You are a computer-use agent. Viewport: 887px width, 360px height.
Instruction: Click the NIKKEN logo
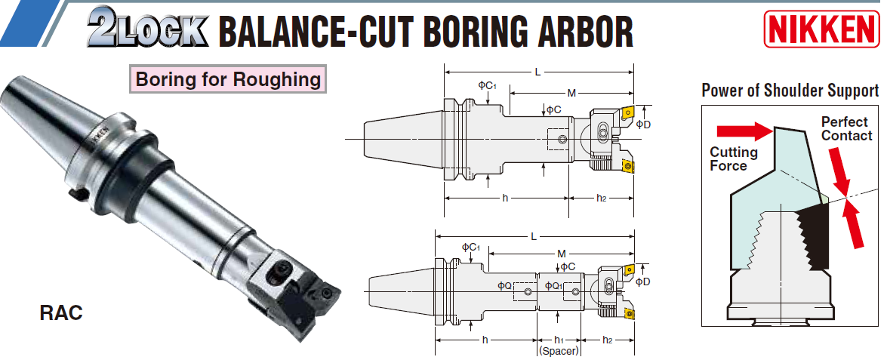821,29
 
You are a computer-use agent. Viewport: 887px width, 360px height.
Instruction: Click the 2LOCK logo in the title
148,29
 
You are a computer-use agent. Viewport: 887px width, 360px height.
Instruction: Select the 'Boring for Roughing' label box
228,79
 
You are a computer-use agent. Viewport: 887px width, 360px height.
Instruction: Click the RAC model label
61,312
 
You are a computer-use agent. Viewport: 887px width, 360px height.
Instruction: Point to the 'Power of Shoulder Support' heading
790,91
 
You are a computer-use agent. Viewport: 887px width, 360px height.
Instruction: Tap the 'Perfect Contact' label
846,129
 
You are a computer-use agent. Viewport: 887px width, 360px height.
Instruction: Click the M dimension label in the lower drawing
562,253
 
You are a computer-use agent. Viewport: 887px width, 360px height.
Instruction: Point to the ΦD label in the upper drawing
643,124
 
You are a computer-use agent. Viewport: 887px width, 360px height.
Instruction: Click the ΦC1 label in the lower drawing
470,248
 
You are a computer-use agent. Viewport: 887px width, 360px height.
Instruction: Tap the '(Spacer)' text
559,352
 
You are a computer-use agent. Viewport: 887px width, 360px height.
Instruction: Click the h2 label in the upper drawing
602,198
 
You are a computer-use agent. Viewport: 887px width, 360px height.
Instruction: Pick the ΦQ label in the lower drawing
504,285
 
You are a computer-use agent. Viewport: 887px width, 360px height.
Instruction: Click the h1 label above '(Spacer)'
559,340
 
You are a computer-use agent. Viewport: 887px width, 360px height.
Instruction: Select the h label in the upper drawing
504,198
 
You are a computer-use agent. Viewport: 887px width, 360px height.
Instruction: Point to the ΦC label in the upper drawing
553,109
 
